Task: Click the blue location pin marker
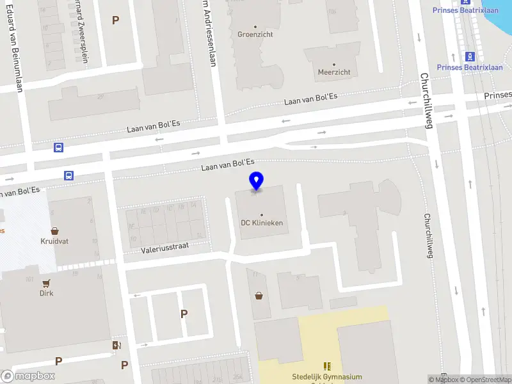pos(256,180)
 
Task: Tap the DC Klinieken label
pos(262,223)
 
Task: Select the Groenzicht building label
pos(255,35)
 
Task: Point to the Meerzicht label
pos(334,72)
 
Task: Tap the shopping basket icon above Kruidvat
pos(55,231)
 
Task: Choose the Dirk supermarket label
pos(46,293)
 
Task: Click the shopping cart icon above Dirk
pos(46,282)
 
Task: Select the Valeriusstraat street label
pos(165,247)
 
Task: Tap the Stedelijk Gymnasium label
pos(327,377)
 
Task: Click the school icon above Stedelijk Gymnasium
pos(327,366)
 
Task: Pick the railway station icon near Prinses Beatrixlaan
pos(469,56)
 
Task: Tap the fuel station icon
pos(116,346)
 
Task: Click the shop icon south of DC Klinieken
pos(259,296)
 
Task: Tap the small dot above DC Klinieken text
pos(262,214)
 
